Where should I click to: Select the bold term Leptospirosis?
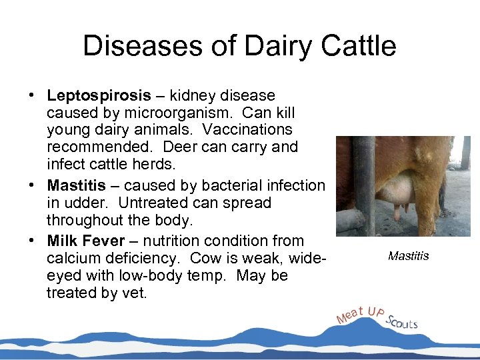(99, 96)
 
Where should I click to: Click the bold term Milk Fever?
(86, 241)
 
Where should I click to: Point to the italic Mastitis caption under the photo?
(408, 256)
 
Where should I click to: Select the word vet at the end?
(135, 293)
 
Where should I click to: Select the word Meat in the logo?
(351, 314)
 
